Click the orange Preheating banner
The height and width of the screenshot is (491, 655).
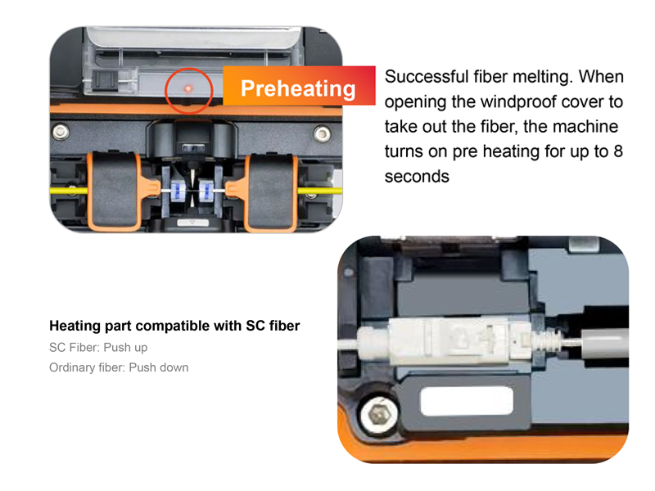(299, 86)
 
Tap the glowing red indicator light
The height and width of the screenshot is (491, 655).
(188, 88)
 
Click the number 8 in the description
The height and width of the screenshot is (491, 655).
(618, 151)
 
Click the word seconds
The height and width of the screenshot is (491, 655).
(417, 177)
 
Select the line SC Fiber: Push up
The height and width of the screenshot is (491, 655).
(98, 347)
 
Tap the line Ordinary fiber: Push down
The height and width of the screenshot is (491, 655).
(119, 367)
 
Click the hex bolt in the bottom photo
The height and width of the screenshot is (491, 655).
(379, 416)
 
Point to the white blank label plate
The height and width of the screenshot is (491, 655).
(467, 401)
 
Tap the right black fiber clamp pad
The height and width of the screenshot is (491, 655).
(271, 191)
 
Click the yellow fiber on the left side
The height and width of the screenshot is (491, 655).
(69, 191)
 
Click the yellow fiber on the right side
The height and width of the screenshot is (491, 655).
(320, 191)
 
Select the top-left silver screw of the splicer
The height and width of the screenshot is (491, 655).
(61, 132)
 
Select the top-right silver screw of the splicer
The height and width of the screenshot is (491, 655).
(322, 133)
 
